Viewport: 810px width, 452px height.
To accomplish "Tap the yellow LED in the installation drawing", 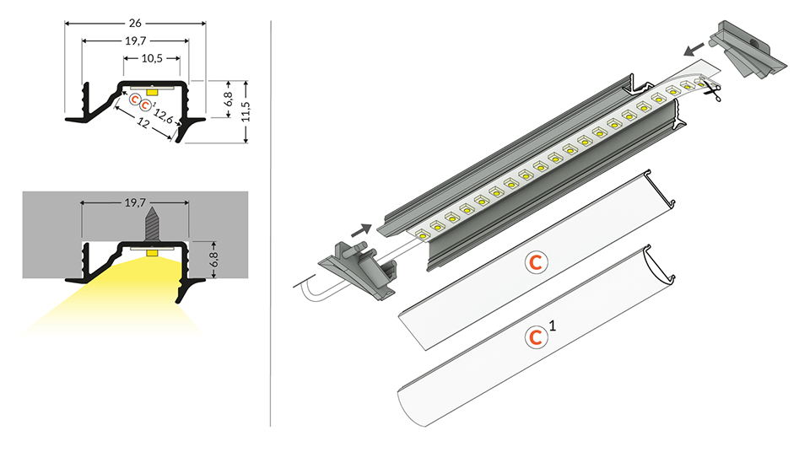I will pos(152,252).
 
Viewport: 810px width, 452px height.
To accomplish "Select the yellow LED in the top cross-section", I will pos(152,89).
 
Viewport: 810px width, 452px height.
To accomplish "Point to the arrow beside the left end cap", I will pos(359,229).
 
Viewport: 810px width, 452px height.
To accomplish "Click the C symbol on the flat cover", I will pos(536,262).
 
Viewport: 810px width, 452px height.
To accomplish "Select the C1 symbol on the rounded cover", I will pos(535,337).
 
